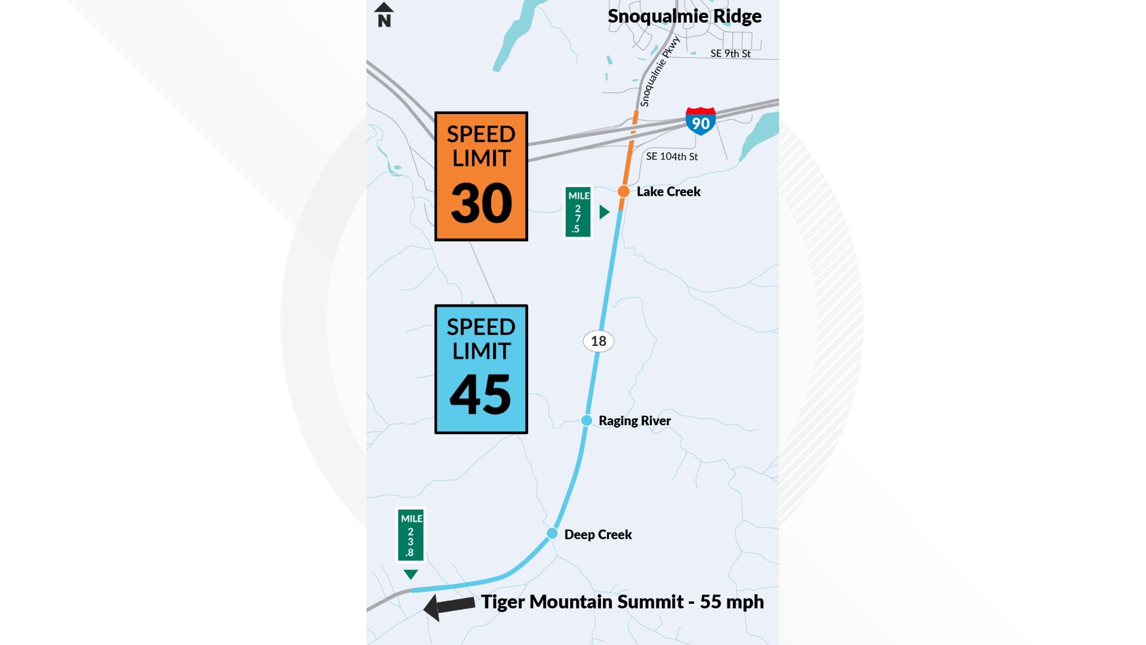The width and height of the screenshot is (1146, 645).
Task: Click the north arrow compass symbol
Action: pos(384,15)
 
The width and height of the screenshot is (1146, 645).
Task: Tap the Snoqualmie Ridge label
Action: pos(684,16)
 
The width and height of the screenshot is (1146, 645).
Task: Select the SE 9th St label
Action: pos(730,54)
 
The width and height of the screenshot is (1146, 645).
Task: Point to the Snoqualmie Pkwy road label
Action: pos(660,72)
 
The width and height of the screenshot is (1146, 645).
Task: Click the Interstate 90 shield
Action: pos(701,121)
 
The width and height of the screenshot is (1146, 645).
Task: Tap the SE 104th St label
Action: pos(671,156)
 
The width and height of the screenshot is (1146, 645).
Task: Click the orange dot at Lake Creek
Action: pos(623,192)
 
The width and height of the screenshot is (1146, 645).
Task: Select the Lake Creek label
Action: pos(668,192)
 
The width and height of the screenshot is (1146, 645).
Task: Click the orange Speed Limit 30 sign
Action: pos(481,176)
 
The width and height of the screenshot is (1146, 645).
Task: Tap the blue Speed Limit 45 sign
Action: pos(481,369)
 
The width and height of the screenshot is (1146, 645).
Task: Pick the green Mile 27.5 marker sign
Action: pos(578,212)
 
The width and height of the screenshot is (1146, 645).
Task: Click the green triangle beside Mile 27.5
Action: pos(604,212)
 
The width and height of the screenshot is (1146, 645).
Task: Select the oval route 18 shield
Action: pos(598,341)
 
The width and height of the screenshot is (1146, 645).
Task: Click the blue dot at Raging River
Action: pos(587,420)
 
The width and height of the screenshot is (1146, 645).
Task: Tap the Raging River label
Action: pos(634,421)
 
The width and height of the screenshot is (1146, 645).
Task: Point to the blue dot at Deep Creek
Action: pos(552,533)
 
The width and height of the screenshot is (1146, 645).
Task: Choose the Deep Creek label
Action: pos(598,535)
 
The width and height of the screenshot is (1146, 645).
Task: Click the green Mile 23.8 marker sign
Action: pos(411,535)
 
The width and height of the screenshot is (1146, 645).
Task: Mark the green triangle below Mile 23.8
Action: pos(411,575)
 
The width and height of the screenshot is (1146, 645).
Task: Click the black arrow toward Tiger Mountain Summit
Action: pos(449,607)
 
